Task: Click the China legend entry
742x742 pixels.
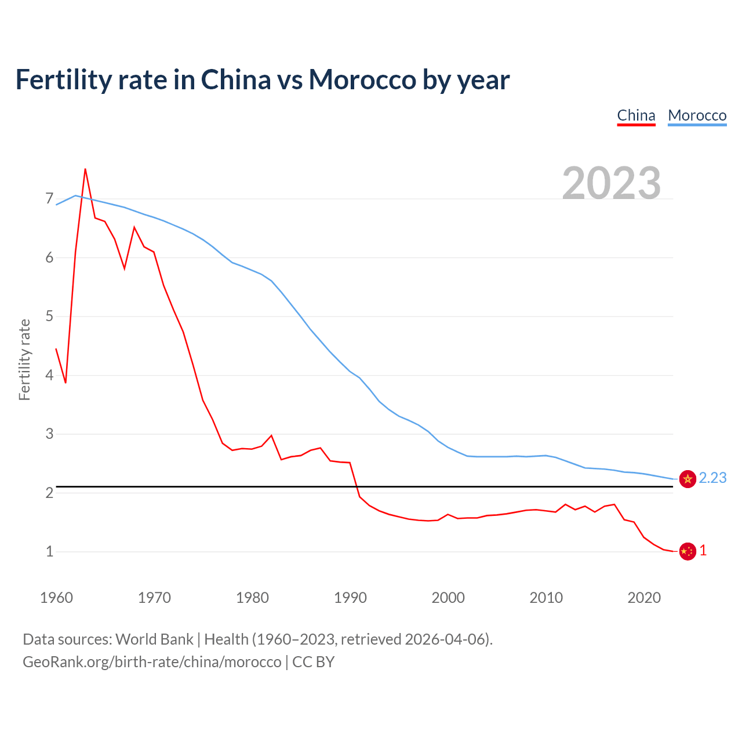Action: (636, 115)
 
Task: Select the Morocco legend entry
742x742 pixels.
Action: (697, 115)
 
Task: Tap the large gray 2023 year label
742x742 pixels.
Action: (612, 183)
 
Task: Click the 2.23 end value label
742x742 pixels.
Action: (712, 478)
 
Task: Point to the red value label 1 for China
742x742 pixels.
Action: (703, 551)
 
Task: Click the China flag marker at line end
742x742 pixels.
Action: (688, 551)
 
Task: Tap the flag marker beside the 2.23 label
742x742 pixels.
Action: (688, 479)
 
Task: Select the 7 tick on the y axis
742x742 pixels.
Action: (49, 199)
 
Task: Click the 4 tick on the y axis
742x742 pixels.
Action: (49, 375)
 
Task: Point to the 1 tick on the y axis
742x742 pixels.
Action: (49, 551)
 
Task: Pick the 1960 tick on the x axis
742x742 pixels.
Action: (56, 598)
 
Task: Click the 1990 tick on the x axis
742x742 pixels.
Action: (350, 598)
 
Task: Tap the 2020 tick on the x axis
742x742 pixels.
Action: (644, 598)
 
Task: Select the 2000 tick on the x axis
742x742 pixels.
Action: (448, 598)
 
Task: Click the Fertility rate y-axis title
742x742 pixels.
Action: (24, 359)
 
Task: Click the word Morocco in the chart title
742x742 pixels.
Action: (362, 79)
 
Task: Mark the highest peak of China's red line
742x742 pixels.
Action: (85, 169)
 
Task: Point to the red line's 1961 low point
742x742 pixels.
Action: (66, 383)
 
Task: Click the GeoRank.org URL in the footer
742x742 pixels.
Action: (152, 662)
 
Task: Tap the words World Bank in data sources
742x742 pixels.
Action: (154, 639)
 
